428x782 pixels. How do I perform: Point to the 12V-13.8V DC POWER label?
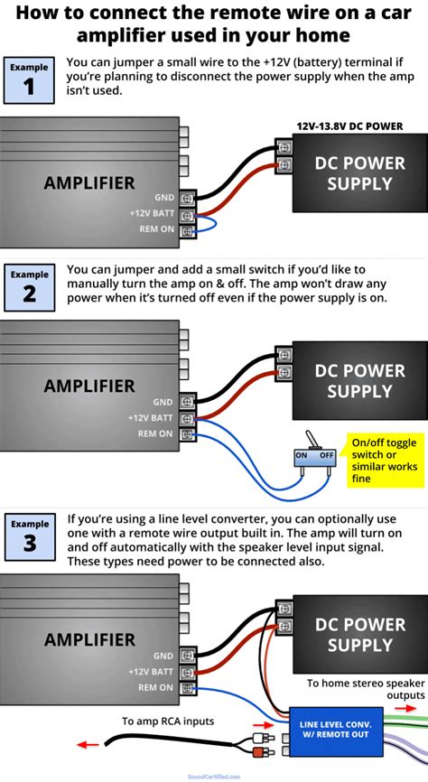click(x=350, y=127)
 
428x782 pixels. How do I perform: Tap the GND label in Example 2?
click(x=163, y=402)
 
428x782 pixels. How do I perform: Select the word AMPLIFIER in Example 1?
click(x=89, y=183)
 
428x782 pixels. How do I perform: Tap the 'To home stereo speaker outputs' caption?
click(x=366, y=689)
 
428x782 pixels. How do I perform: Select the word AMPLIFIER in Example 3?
click(x=89, y=639)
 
